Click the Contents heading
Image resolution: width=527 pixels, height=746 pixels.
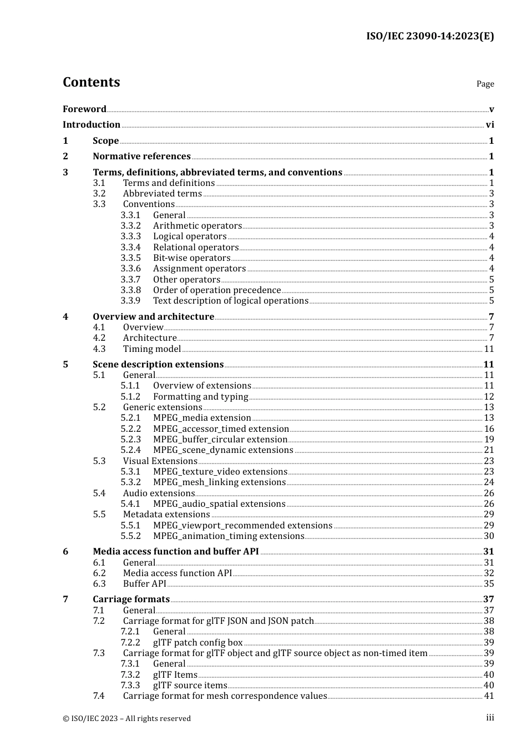coord(91,82)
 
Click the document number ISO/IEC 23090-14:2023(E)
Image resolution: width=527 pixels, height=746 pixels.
coord(429,36)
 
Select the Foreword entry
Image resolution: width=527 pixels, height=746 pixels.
coord(84,109)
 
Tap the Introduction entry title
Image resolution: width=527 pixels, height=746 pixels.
coord(92,125)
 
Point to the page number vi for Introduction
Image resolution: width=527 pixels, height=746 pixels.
coord(490,125)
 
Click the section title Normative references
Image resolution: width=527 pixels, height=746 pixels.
coord(141,157)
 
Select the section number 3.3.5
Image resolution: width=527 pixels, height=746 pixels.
coord(131,258)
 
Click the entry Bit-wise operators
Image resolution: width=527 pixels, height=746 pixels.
coord(191,258)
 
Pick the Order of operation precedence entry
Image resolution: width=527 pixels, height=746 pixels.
coord(217,290)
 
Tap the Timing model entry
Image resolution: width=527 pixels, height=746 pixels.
coord(152,349)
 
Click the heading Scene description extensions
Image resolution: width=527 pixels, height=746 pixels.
coord(158,365)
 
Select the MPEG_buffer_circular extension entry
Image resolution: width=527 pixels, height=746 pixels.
coord(220,440)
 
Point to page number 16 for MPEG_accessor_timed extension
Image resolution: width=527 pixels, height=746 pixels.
coord(489,429)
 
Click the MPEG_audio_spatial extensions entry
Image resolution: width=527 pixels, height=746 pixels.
coord(219,504)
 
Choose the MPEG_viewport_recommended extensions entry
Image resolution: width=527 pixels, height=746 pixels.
coord(242,526)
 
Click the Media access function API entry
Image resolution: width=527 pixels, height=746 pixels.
coord(178,573)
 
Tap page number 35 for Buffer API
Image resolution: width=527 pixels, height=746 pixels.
coord(489,584)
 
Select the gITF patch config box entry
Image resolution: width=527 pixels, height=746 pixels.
coord(198,643)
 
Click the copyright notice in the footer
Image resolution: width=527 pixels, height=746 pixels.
coord(126,718)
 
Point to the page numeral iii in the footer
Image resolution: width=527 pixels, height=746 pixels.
coord(490,718)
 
